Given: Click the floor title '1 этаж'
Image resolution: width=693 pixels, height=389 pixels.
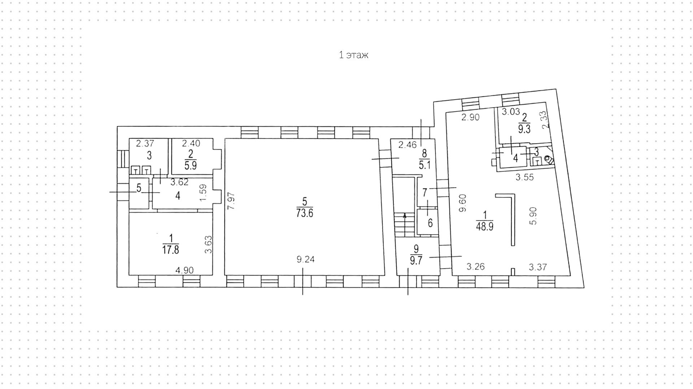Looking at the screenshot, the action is pyautogui.click(x=353, y=55).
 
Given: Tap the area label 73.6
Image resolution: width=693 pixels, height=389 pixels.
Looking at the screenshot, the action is pyautogui.click(x=305, y=213).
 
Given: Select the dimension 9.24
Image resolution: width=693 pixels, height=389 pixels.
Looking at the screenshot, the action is pyautogui.click(x=305, y=259).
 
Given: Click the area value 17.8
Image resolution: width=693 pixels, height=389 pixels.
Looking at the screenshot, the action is pyautogui.click(x=171, y=250).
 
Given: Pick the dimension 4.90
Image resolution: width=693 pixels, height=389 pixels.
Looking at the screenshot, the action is pyautogui.click(x=184, y=270).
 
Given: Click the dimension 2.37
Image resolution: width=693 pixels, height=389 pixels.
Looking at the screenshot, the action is pyautogui.click(x=145, y=144).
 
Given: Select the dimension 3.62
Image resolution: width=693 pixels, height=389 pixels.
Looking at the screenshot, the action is pyautogui.click(x=179, y=182).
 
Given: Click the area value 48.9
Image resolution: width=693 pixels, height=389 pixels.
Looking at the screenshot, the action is pyautogui.click(x=485, y=227).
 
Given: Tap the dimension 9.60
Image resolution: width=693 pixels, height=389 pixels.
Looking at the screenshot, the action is pyautogui.click(x=463, y=203).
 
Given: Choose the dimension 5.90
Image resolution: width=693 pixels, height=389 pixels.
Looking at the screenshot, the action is pyautogui.click(x=534, y=215).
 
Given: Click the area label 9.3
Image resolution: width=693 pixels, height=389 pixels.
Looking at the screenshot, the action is pyautogui.click(x=524, y=130).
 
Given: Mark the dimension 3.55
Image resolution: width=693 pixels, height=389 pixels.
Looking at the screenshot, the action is pyautogui.click(x=524, y=177).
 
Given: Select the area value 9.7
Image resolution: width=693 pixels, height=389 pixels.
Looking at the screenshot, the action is pyautogui.click(x=416, y=261).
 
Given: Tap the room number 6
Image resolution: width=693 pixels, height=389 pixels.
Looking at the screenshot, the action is pyautogui.click(x=430, y=223).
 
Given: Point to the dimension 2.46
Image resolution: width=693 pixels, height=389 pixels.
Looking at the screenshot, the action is pyautogui.click(x=407, y=145).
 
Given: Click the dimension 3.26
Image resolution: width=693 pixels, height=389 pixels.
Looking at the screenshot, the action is pyautogui.click(x=476, y=267).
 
